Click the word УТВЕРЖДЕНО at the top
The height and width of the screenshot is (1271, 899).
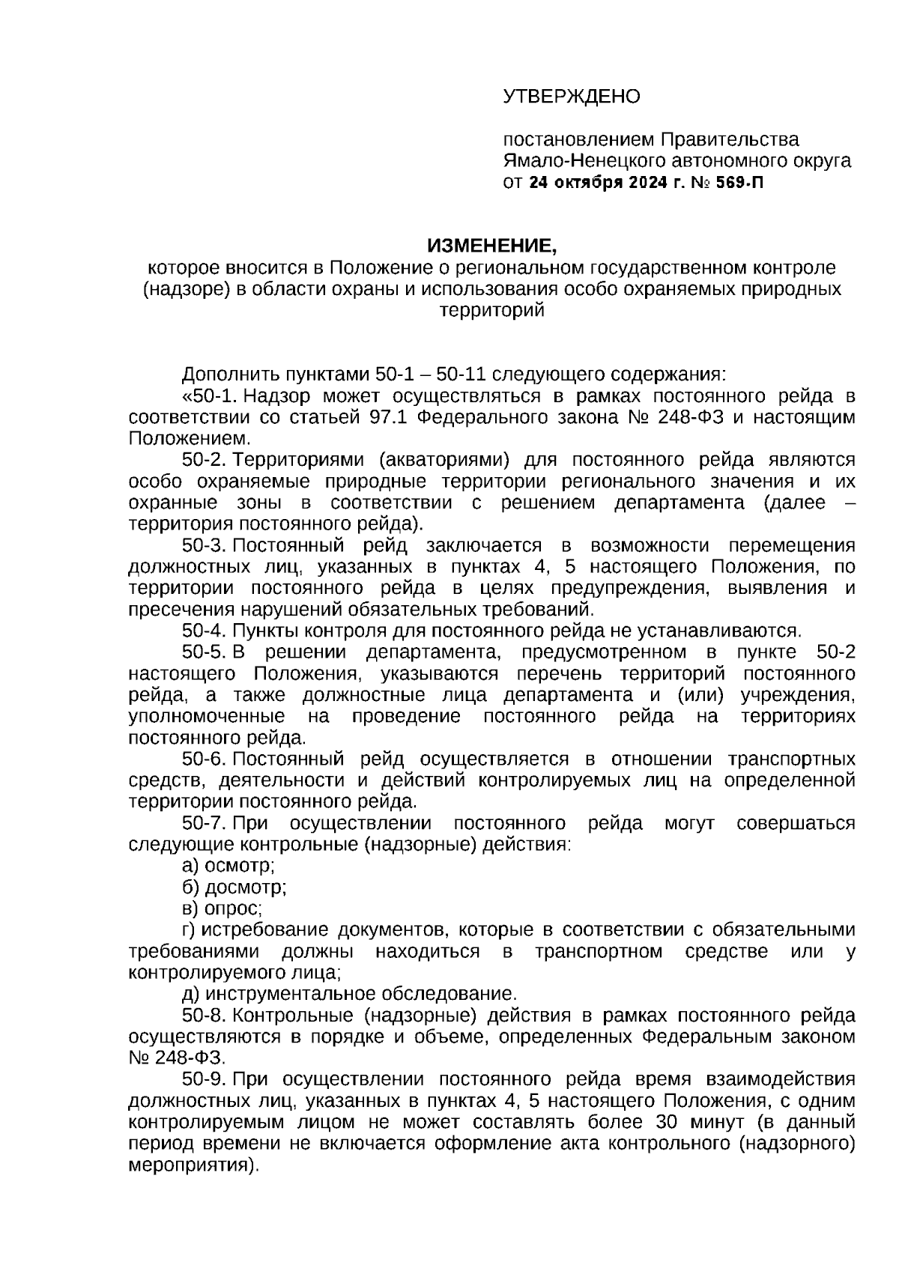pos(571,97)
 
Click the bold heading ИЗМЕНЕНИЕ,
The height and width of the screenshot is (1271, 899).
pos(492,246)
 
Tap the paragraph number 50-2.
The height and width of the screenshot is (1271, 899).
pos(203,460)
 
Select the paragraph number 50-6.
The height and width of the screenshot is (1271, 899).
pos(203,759)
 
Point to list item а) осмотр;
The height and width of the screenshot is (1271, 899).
pos(228,866)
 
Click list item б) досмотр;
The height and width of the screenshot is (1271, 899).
pos(234,888)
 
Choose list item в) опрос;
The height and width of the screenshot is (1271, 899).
pos(222,908)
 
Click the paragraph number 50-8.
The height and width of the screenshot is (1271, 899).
pos(203,1016)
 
